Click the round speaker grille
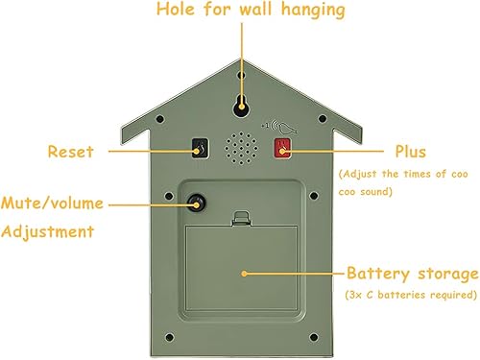tap(240, 148)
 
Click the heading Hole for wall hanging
tap(240, 12)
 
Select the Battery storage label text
tap(412, 273)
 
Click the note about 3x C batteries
tap(412, 294)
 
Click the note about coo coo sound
tap(405, 182)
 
